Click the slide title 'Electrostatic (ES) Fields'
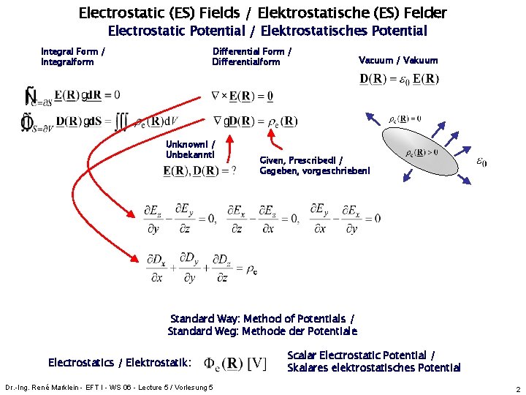click(262, 12)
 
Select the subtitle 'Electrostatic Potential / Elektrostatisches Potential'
click(267, 31)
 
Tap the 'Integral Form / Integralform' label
click(72, 56)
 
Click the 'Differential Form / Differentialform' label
click(251, 56)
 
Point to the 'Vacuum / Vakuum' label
click(398, 61)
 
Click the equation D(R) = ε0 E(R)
click(399, 79)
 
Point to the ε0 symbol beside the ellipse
click(482, 162)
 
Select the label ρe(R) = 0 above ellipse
click(404, 118)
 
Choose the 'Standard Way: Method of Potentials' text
click(262, 324)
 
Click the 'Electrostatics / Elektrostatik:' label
click(120, 362)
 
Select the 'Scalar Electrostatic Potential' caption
click(373, 361)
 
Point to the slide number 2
click(517, 389)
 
